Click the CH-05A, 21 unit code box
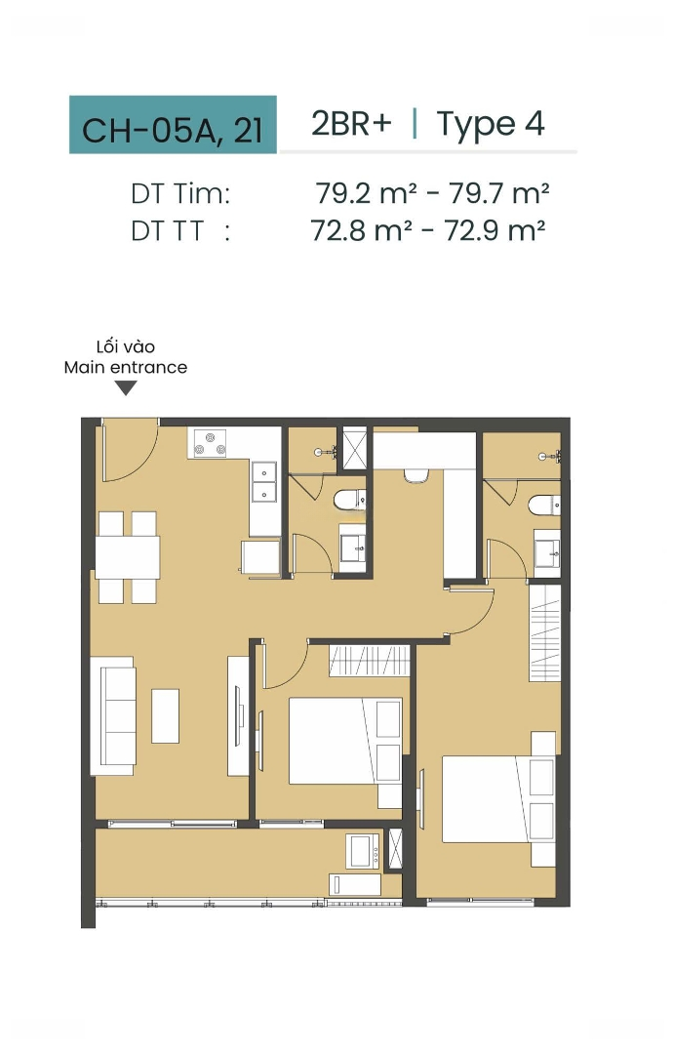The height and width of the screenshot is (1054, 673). tap(173, 124)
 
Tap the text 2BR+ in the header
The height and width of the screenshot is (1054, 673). tap(351, 123)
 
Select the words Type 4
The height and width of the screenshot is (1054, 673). tap(491, 124)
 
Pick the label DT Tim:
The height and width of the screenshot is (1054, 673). tap(180, 193)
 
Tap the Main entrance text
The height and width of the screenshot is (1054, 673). tap(126, 367)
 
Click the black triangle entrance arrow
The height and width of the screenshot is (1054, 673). tap(126, 387)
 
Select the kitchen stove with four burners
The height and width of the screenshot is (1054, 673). tap(211, 443)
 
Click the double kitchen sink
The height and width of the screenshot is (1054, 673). tap(264, 482)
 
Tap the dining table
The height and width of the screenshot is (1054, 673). tap(128, 557)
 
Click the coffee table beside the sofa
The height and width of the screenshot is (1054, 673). tap(165, 716)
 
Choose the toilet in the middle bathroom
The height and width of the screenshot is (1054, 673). tap(350, 500)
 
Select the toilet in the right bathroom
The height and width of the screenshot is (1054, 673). tap(544, 505)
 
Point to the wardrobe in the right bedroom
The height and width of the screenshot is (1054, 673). tap(544, 633)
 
